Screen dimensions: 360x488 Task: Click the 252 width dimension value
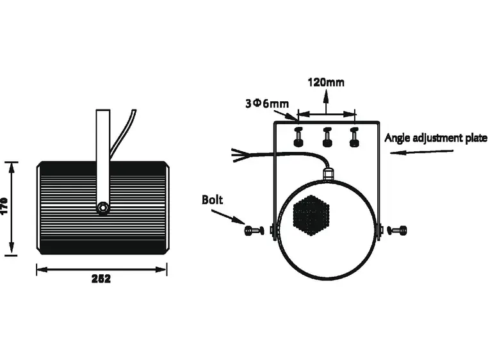click(x=101, y=279)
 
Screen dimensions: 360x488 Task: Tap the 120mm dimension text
click(x=325, y=83)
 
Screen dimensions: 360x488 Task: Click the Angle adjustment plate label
click(x=435, y=138)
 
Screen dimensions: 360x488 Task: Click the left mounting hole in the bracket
click(x=297, y=137)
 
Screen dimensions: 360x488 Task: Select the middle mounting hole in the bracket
click(x=326, y=137)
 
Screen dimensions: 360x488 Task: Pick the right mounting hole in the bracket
click(x=354, y=137)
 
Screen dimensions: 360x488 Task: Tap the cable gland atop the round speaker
click(x=328, y=173)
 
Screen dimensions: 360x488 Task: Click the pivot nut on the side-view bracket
click(x=102, y=208)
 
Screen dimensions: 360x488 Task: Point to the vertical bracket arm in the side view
click(x=102, y=154)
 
